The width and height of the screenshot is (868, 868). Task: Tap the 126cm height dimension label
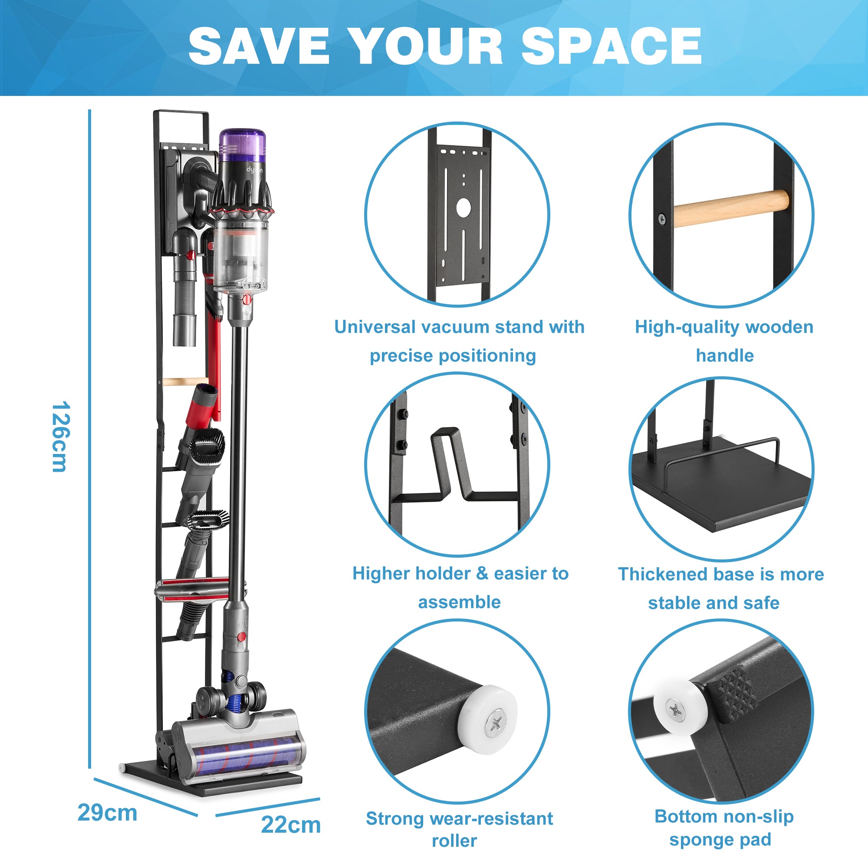[60, 437]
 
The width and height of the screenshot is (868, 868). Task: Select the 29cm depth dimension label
[107, 813]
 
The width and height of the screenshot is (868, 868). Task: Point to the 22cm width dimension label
[291, 825]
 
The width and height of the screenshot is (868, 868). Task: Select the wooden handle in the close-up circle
[730, 208]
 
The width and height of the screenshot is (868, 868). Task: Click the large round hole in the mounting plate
[464, 207]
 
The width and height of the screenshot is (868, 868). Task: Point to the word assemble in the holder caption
[459, 602]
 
